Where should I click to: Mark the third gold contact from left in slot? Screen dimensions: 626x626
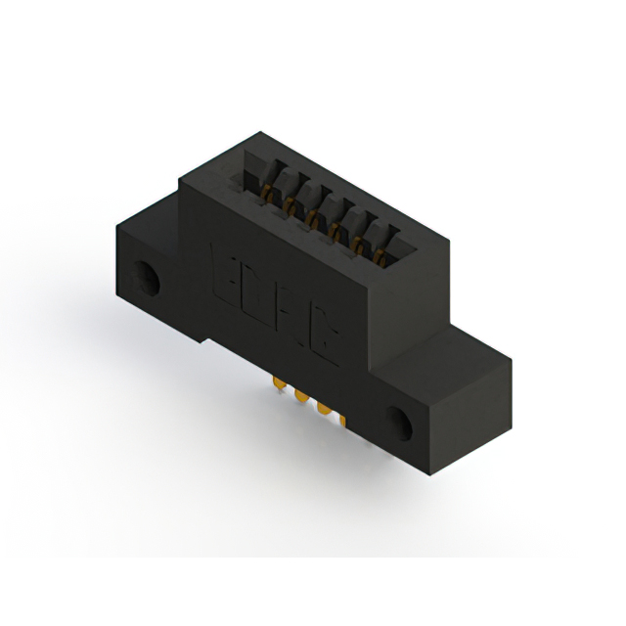coord(312,215)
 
